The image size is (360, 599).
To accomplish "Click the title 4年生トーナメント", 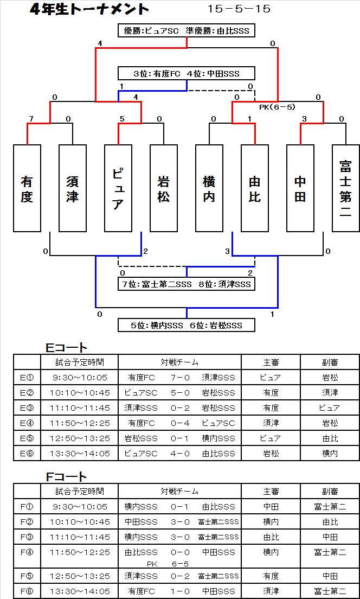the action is point(89,9).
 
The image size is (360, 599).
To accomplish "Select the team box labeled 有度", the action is point(27,188).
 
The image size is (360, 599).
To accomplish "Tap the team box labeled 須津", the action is point(73,188).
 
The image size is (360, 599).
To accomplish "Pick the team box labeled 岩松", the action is point(164,188).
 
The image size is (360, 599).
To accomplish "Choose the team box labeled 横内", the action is point(209,188).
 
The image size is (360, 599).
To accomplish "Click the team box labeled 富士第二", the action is point(346,188).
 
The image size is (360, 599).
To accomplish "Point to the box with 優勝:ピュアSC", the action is point(187,31).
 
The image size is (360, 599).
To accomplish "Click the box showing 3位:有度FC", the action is point(187,73).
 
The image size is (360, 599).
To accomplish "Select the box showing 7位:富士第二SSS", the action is point(187,284).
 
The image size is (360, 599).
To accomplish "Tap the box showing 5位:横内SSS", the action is point(187,326).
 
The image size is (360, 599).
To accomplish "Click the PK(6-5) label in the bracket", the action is point(277,107).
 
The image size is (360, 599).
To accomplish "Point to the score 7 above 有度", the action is point(31,119).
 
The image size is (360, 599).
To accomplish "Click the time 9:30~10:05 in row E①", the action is point(79,378).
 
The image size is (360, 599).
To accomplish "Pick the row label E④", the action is point(27,423).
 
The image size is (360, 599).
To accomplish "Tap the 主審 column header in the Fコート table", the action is point(271,491).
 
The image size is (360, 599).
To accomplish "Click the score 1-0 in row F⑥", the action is point(180,591).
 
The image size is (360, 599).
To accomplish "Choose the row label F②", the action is point(27,522).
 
